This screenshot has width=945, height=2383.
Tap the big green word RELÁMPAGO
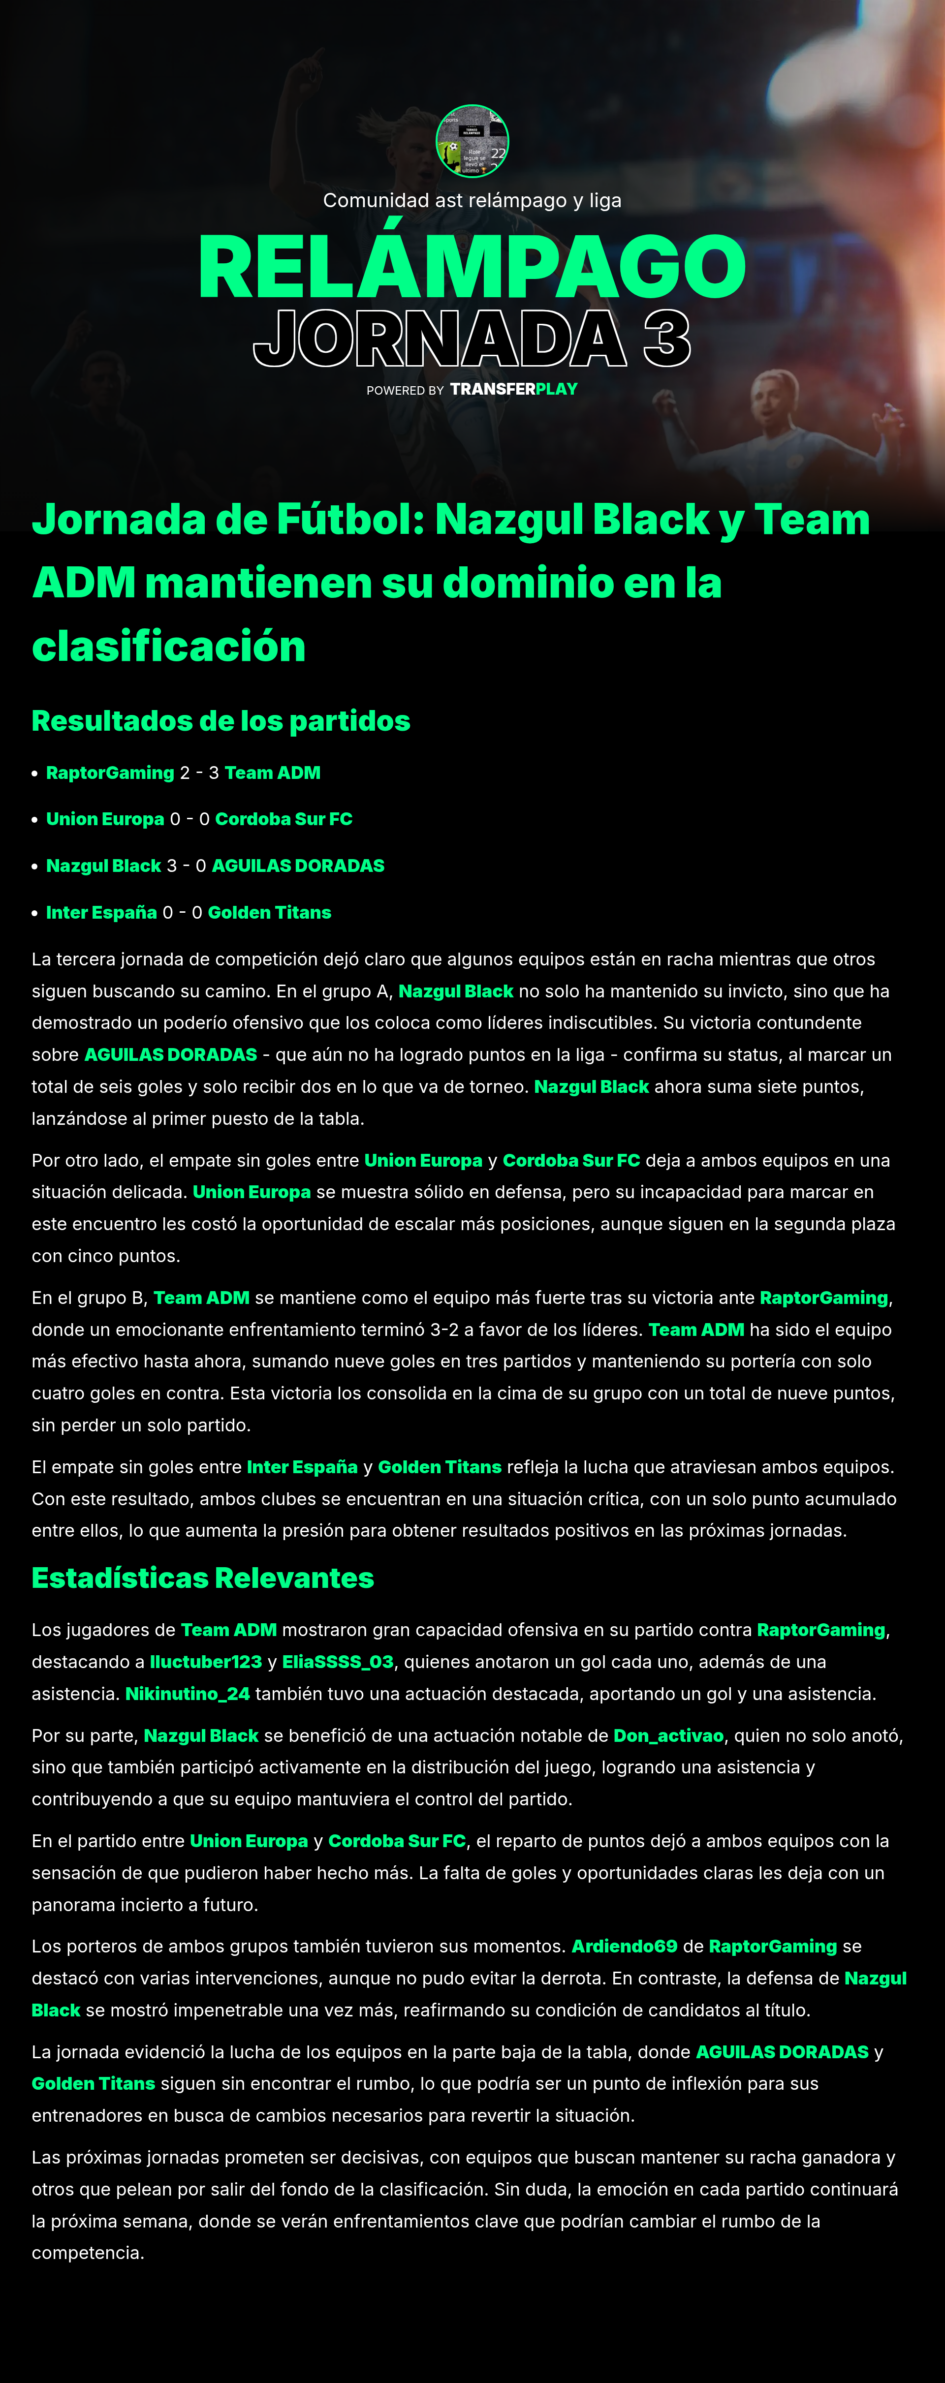click(472, 267)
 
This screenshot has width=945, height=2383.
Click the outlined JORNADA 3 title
click(472, 339)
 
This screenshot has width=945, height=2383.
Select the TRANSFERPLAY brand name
click(514, 389)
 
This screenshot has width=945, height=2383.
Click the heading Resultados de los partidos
click(220, 721)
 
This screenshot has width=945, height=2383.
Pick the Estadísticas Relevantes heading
click(203, 1577)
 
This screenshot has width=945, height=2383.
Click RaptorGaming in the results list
click(110, 773)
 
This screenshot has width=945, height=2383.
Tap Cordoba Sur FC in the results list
click(283, 819)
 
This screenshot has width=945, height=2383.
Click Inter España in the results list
click(102, 912)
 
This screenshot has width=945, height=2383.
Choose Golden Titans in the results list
click(269, 912)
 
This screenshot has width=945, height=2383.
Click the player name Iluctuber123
click(205, 1662)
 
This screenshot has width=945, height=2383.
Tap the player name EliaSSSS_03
click(338, 1662)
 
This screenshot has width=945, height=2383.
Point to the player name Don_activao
click(668, 1735)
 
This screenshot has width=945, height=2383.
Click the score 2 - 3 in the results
click(199, 773)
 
